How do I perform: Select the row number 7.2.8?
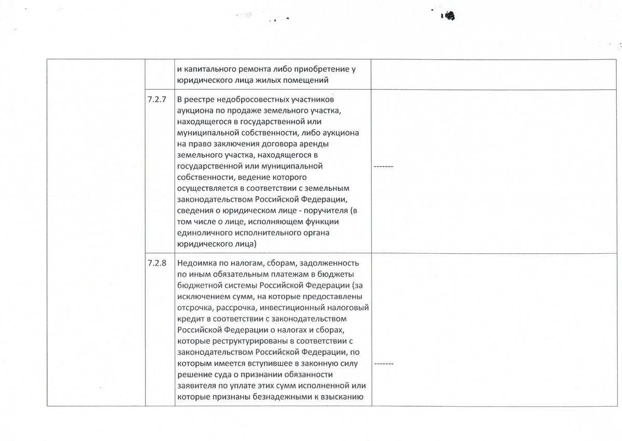[157, 263]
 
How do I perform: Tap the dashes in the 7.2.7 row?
[384, 167]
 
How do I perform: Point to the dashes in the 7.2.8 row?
[384, 364]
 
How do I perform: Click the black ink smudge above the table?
[448, 16]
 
